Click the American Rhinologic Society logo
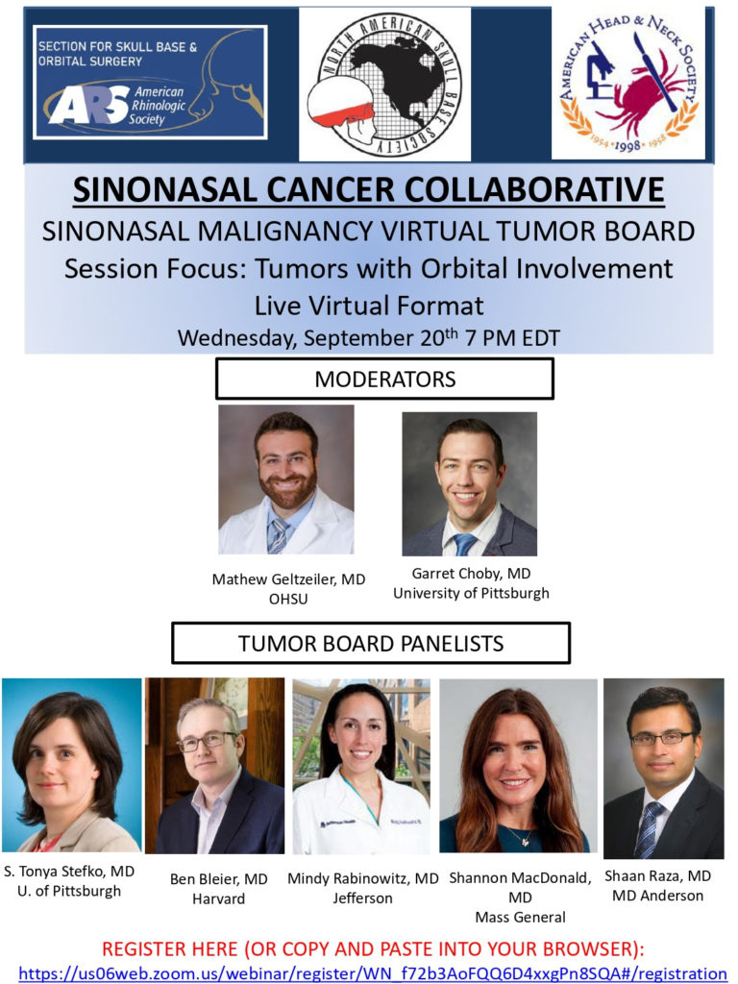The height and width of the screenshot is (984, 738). click(150, 83)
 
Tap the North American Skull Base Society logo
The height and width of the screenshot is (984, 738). click(384, 85)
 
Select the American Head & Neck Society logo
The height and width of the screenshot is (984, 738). click(628, 84)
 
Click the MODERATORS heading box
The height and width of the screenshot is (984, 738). click(384, 379)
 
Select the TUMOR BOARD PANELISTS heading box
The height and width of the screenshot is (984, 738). click(371, 643)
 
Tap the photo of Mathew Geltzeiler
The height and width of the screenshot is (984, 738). click(286, 480)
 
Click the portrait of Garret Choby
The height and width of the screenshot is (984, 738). click(469, 484)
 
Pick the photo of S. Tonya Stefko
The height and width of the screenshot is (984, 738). click(71, 764)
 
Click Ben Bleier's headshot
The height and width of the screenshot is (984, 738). click(214, 766)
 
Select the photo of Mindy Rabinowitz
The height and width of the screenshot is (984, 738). click(361, 766)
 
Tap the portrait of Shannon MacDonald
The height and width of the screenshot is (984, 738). click(518, 766)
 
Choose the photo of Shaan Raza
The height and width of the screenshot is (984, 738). click(664, 768)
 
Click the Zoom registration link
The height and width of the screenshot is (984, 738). click(373, 974)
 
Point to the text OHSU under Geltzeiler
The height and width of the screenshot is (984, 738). click(288, 599)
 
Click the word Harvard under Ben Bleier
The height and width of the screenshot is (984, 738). click(218, 898)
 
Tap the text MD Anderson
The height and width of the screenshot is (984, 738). click(657, 896)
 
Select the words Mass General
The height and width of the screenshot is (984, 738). click(520, 918)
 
